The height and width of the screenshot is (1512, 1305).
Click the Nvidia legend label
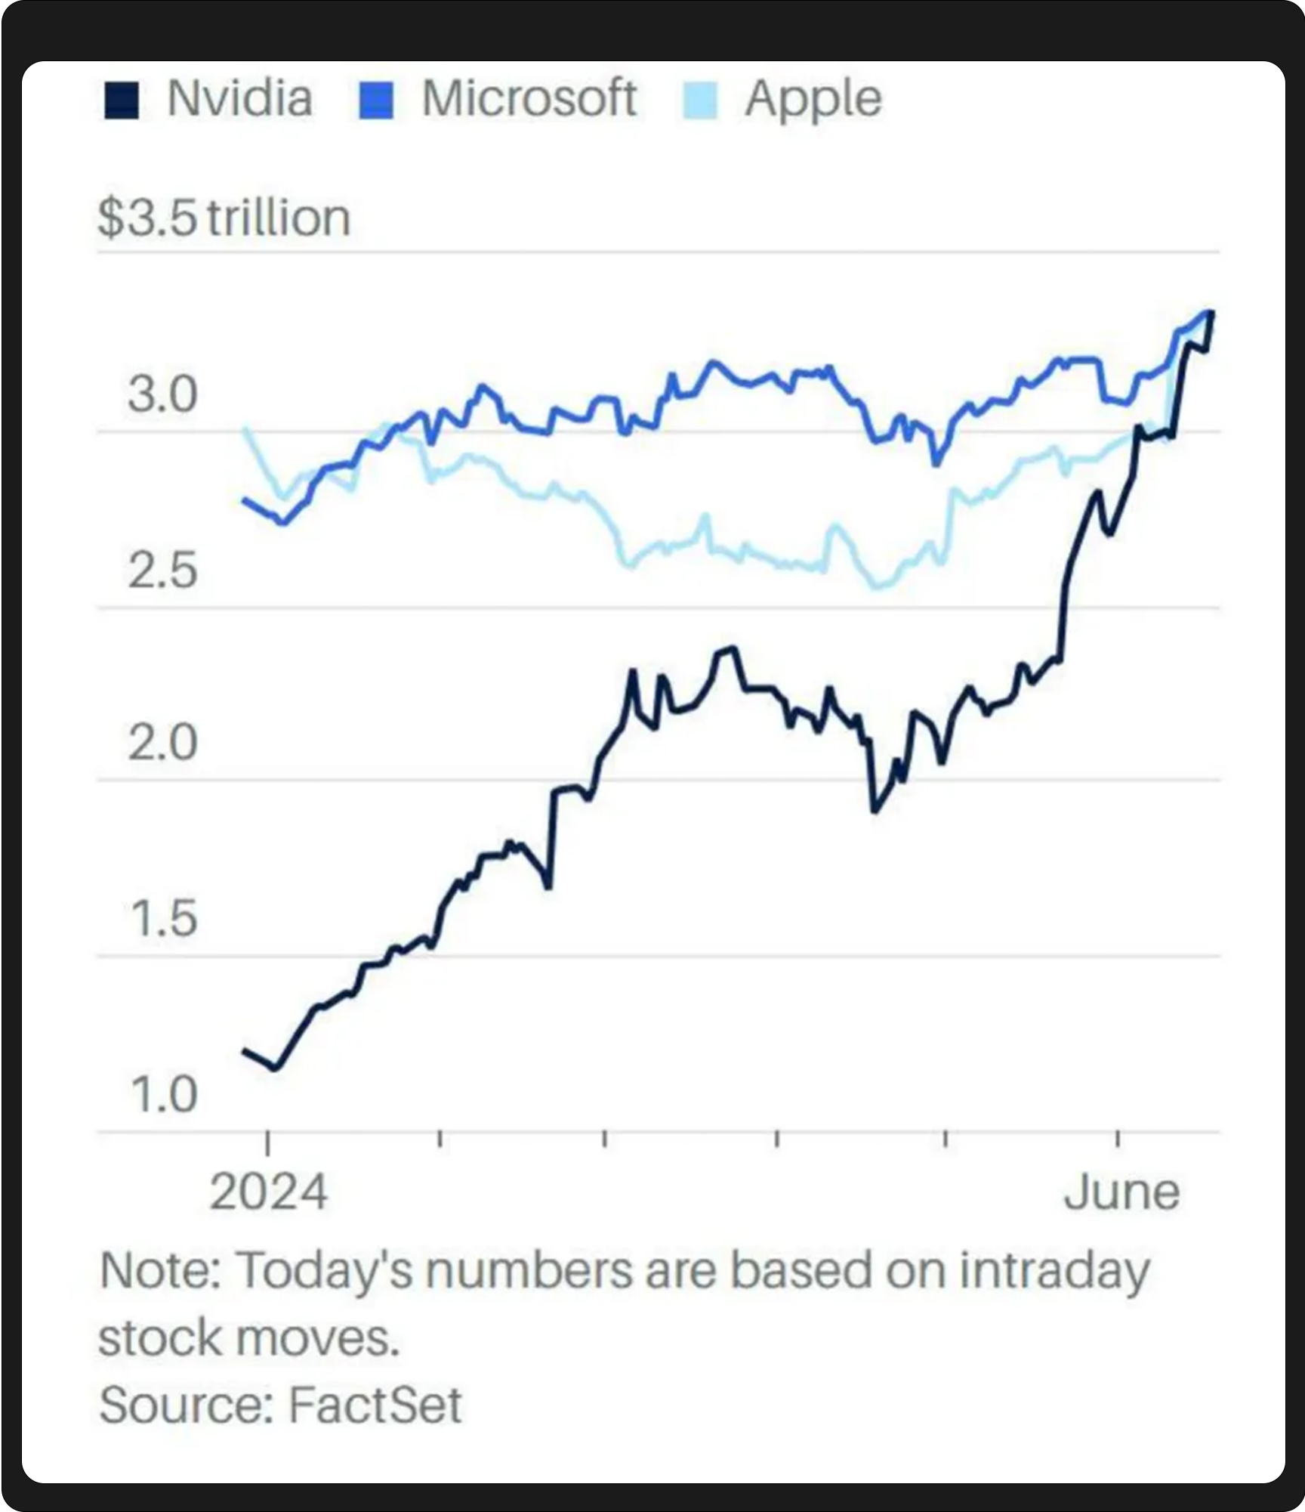pos(239,99)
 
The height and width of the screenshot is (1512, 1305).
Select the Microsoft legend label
pos(529,99)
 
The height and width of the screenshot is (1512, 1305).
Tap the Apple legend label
pos(813,99)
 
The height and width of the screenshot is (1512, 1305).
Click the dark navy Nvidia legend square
pos(122,100)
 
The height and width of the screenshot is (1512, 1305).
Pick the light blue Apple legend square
pos(700,100)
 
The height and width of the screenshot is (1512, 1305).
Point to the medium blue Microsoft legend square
pos(375,100)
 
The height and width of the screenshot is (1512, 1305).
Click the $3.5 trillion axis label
pos(224,218)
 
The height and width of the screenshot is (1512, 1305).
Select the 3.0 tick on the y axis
pos(162,394)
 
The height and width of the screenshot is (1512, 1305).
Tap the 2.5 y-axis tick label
pos(162,570)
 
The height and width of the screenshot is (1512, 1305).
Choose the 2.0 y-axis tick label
pos(162,743)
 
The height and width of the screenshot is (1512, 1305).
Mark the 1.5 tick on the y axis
pos(162,919)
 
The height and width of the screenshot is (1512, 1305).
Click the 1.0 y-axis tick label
pos(162,1094)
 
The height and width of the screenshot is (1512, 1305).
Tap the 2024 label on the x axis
pos(268,1192)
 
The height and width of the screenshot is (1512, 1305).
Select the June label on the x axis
pos(1121,1192)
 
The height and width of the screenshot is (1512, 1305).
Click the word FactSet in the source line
pos(375,1405)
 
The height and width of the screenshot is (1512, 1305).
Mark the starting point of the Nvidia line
pos(244,1050)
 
